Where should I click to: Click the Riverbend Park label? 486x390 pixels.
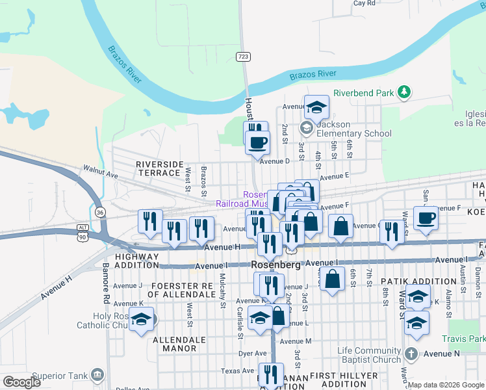pos(363,93)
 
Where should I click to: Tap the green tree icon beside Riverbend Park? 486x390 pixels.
pos(405,92)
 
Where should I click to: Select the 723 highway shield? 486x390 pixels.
pos(243,57)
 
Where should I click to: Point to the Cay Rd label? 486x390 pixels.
pos(364,3)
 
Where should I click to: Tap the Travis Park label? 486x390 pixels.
pos(463,339)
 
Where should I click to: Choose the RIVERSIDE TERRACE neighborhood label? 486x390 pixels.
pos(159,168)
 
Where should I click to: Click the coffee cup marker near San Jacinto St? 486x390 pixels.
pos(426,218)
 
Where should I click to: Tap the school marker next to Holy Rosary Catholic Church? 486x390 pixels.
pos(141,320)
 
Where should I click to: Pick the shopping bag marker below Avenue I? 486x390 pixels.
pos(332,279)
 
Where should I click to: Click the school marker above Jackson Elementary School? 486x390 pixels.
pos(316,107)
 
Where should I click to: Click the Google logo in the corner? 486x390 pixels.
pos(21,382)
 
